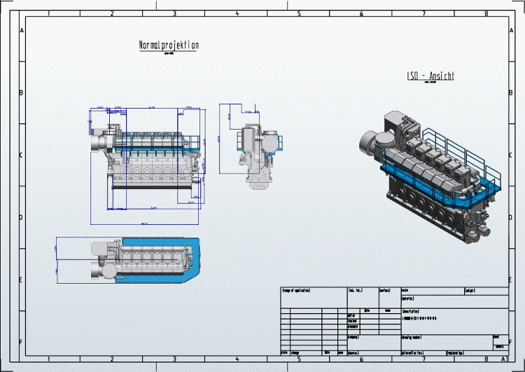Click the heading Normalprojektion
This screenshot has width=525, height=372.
point(169,46)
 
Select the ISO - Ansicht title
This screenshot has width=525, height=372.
point(430,76)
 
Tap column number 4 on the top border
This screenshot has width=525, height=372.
point(237,13)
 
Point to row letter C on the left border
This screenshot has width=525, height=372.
point(22,156)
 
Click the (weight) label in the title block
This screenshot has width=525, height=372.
point(474,290)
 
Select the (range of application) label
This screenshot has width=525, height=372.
point(296,290)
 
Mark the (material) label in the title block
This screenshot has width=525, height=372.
point(409,298)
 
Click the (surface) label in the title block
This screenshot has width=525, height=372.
point(385,290)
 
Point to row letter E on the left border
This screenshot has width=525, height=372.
point(22,280)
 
